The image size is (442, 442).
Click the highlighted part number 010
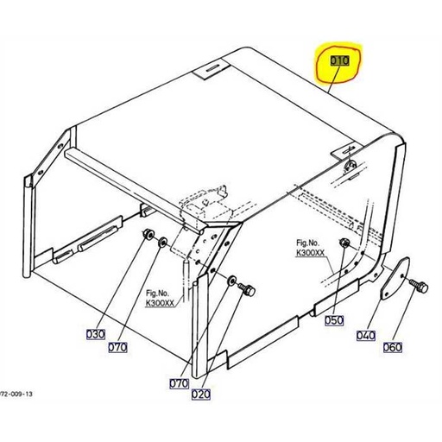(338, 62)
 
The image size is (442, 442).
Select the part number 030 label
(94, 334)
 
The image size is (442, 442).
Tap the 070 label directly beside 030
(117, 348)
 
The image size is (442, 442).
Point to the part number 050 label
(334, 320)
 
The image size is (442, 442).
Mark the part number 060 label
(392, 348)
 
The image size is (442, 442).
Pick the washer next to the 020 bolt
(231, 281)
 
